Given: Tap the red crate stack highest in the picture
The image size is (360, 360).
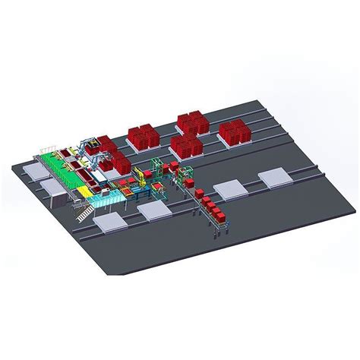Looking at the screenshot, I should click(188, 122).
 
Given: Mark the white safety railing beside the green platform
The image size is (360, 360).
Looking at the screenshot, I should click(47, 144).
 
